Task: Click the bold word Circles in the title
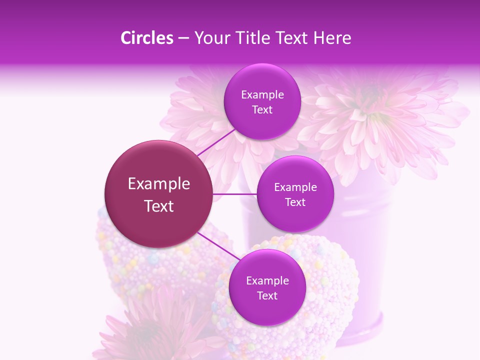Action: click(x=146, y=38)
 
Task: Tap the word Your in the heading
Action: click(x=210, y=38)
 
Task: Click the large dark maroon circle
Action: click(x=159, y=194)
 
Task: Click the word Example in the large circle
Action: click(x=159, y=184)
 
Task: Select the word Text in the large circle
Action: click(x=159, y=206)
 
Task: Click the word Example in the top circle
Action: click(x=262, y=95)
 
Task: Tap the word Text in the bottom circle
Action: click(x=267, y=295)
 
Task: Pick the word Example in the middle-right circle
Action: click(x=295, y=187)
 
